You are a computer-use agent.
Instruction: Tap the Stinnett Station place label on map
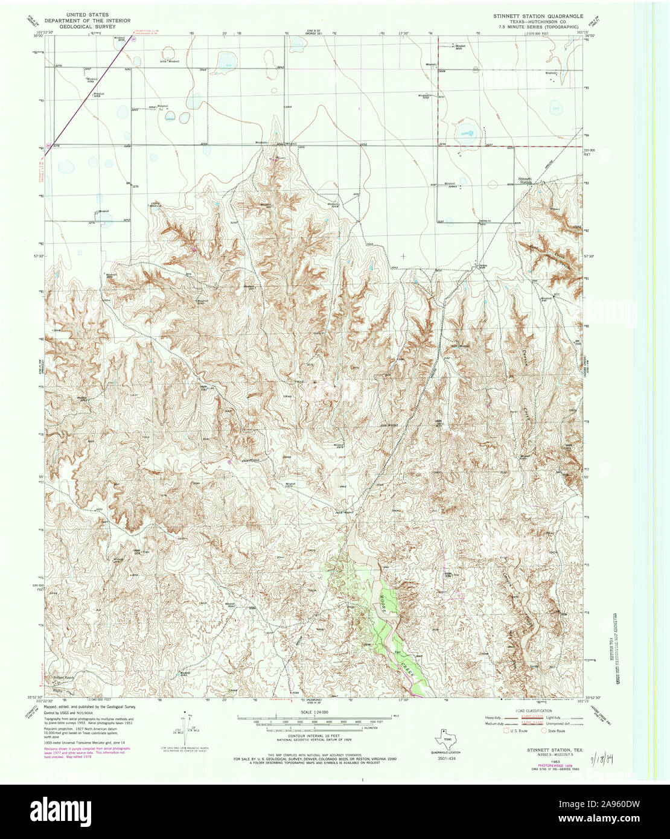[x=524, y=180]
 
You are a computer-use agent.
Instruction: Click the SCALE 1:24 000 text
[x=313, y=712]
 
